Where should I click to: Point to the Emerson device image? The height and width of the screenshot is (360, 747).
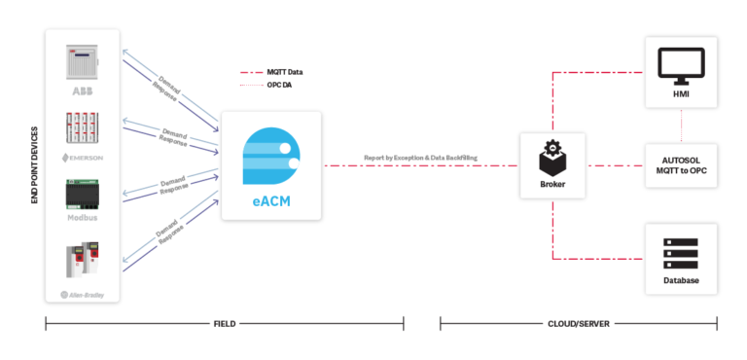click(x=82, y=129)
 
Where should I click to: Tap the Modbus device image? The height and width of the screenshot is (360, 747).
click(x=82, y=195)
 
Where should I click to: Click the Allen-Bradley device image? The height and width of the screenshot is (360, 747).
click(x=82, y=263)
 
